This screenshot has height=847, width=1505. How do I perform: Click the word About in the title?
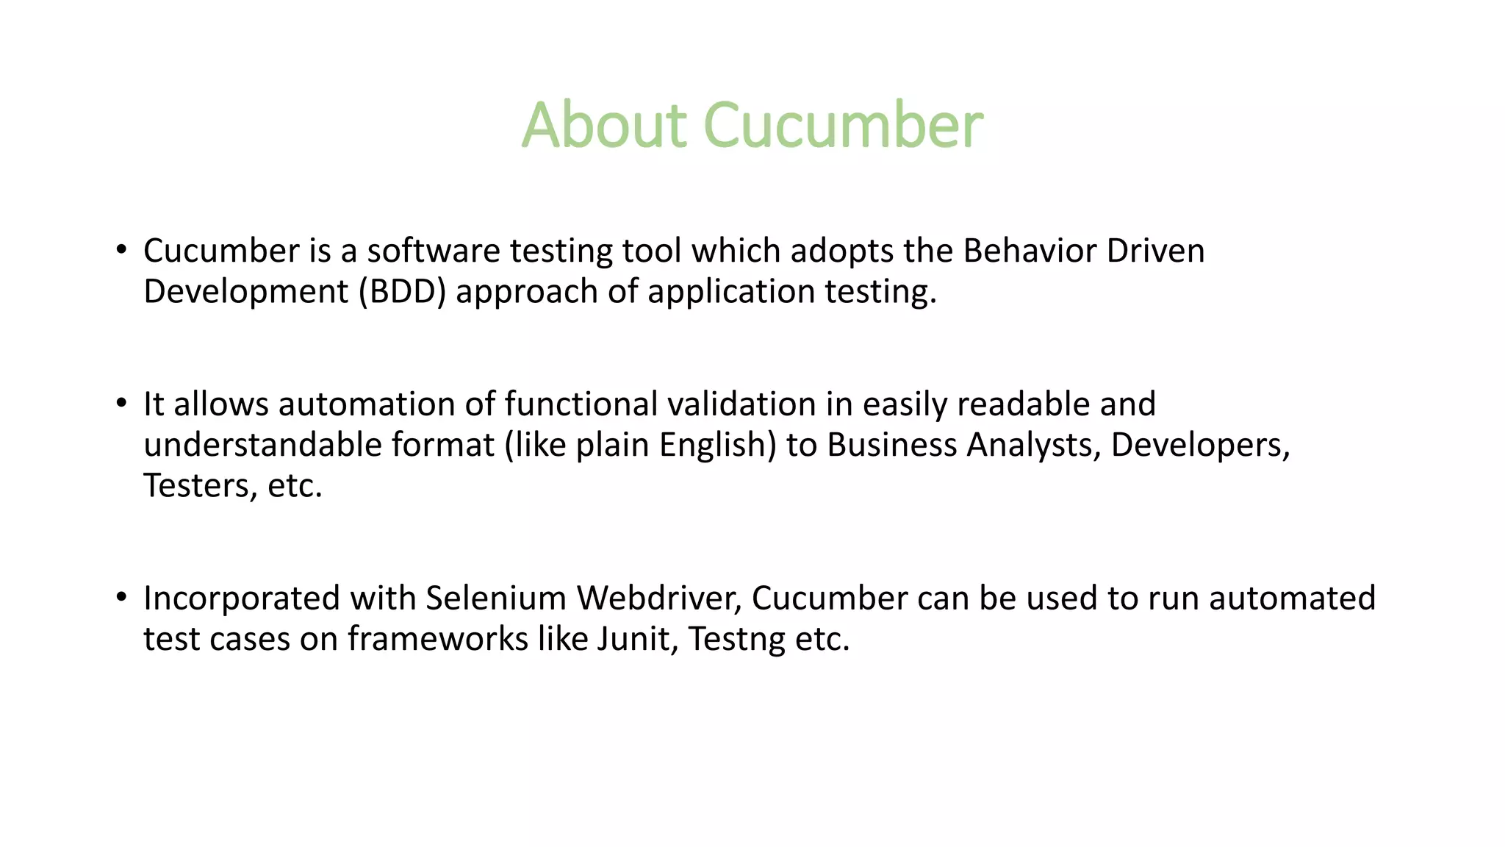tap(603, 125)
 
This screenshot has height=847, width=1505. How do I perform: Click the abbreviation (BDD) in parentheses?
tap(402, 292)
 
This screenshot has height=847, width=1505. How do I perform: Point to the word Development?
tap(245, 292)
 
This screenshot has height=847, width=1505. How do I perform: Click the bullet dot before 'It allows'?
tap(121, 403)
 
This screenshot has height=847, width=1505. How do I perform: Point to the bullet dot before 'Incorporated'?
tap(121, 597)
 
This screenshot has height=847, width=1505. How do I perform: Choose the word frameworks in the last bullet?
tap(437, 639)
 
